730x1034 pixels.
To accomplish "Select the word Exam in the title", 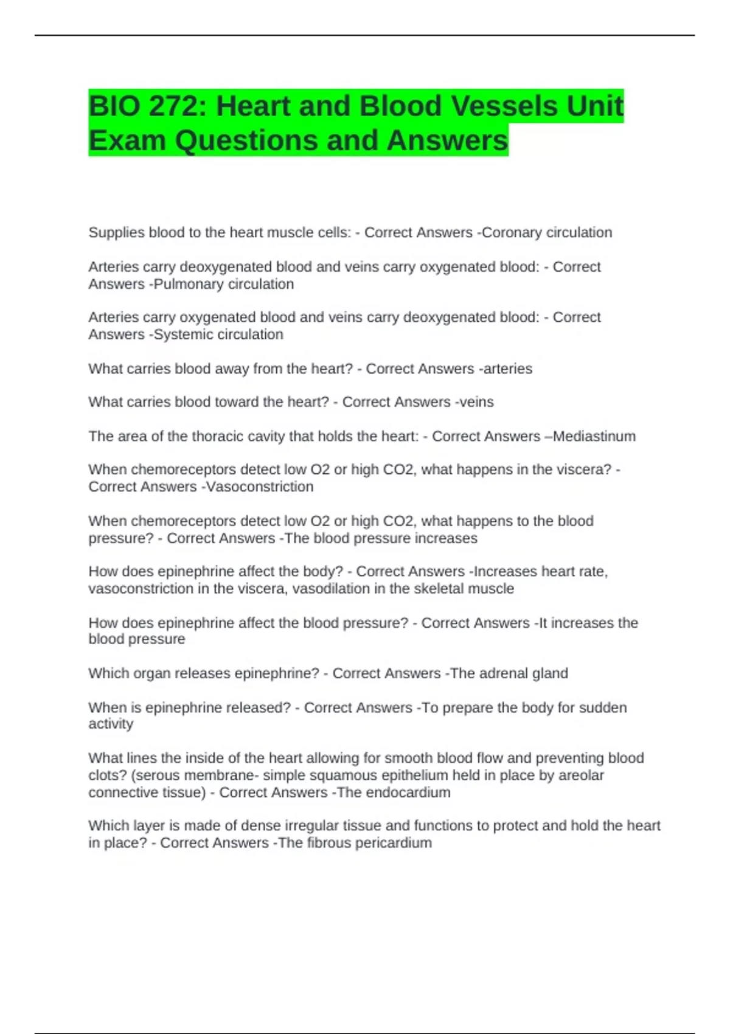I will (x=127, y=141).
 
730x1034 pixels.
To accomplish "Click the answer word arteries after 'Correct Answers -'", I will (x=507, y=369).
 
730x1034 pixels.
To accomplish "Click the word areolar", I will (x=582, y=775).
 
